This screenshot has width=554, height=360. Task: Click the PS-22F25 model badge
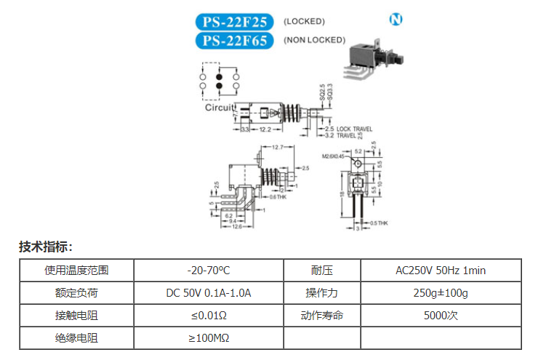coord(234,22)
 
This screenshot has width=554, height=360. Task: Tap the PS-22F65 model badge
coord(234,40)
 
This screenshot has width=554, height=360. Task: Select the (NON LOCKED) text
coord(314,40)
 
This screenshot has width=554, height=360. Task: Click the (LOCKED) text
coord(304,22)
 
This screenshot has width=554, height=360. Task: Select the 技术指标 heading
coord(45,247)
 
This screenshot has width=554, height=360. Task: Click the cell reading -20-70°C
coord(208,271)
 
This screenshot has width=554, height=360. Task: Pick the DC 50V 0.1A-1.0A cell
coord(208,293)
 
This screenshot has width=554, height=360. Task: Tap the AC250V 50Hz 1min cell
coord(441,271)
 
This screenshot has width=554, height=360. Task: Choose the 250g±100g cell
coord(441,293)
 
